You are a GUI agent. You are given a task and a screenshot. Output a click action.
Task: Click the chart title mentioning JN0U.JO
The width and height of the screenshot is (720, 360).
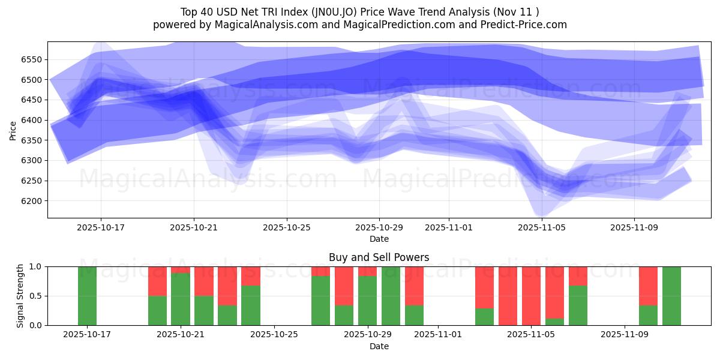(359, 12)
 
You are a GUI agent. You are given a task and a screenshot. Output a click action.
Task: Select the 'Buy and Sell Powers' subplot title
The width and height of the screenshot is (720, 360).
(379, 257)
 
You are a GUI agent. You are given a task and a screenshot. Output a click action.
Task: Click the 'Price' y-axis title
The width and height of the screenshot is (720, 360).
(13, 130)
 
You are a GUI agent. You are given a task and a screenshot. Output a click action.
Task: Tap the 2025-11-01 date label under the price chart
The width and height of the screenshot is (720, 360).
(448, 228)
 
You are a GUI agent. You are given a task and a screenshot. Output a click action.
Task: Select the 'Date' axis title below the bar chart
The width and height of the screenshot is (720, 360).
(379, 346)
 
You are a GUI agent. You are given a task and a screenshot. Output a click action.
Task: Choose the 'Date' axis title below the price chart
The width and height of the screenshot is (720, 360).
(379, 239)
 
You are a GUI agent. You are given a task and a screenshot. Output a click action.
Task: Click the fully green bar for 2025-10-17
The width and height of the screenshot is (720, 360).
(87, 296)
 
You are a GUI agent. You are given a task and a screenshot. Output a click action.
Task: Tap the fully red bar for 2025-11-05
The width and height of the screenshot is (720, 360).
(531, 296)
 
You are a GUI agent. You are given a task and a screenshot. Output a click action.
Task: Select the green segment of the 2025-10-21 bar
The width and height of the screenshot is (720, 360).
(181, 299)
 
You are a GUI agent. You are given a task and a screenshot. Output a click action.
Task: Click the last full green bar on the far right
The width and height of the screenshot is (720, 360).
(671, 296)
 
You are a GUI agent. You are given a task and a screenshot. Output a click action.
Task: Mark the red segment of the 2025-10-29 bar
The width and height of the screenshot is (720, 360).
(367, 271)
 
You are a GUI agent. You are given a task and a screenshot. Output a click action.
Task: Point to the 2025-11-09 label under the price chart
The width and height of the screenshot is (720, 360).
(634, 228)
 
